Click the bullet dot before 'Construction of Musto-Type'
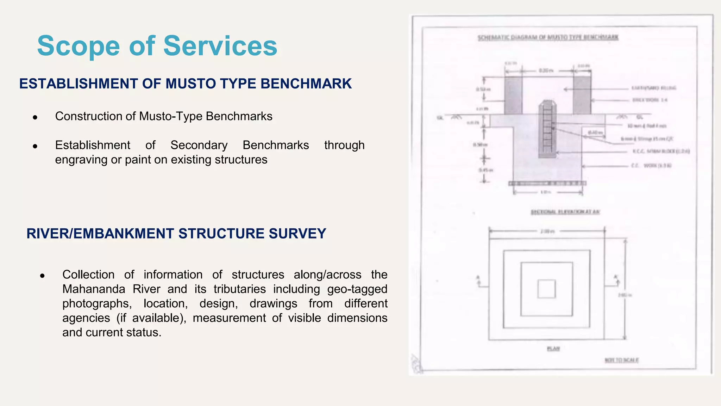click(x=35, y=117)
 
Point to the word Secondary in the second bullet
click(x=199, y=145)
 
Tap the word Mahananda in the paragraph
click(x=94, y=289)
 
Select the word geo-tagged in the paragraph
click(x=357, y=289)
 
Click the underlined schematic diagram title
click(x=548, y=37)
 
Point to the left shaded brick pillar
click(x=513, y=95)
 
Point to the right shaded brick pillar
click(x=582, y=95)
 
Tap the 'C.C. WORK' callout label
click(x=651, y=165)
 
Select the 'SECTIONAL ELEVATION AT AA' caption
click(x=565, y=212)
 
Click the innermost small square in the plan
click(x=546, y=289)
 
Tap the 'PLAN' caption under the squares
click(x=553, y=349)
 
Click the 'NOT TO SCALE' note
click(x=621, y=360)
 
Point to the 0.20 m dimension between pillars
click(x=546, y=70)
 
